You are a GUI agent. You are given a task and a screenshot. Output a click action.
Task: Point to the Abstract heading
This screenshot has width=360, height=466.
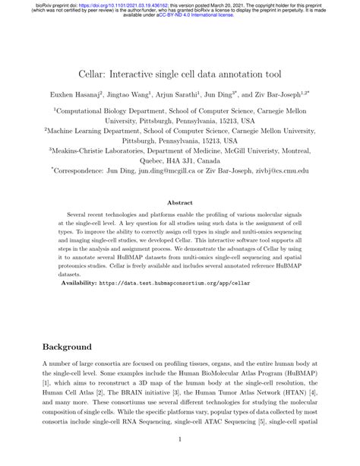coord(179,203)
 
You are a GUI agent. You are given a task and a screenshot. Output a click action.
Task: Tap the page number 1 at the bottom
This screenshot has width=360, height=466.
coord(180,439)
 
